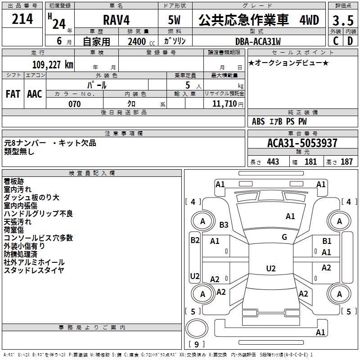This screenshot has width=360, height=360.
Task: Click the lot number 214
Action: pos(22,19)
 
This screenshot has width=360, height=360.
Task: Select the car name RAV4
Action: pos(115,21)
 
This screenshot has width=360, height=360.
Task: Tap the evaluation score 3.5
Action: pos(342,21)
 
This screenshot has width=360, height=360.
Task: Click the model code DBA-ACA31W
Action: pos(258,41)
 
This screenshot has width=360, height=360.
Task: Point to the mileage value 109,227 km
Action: pos(53,64)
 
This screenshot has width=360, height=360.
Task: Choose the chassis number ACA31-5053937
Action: pos(302,143)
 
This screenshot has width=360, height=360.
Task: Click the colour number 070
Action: pos(74,104)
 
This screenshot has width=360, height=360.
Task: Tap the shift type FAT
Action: pos(13,94)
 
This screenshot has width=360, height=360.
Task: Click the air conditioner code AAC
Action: pos(34,94)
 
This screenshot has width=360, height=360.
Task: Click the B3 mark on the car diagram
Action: pos(224,225)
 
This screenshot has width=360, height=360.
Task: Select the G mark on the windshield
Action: pos(284,237)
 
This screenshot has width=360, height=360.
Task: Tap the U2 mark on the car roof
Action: pos(270,269)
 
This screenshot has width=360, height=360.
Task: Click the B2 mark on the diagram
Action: pos(194,240)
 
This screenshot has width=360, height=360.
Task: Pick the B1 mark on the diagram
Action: pos(327,242)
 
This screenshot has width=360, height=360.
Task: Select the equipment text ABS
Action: pos(258,121)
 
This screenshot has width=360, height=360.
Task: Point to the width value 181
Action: pos(311,162)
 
